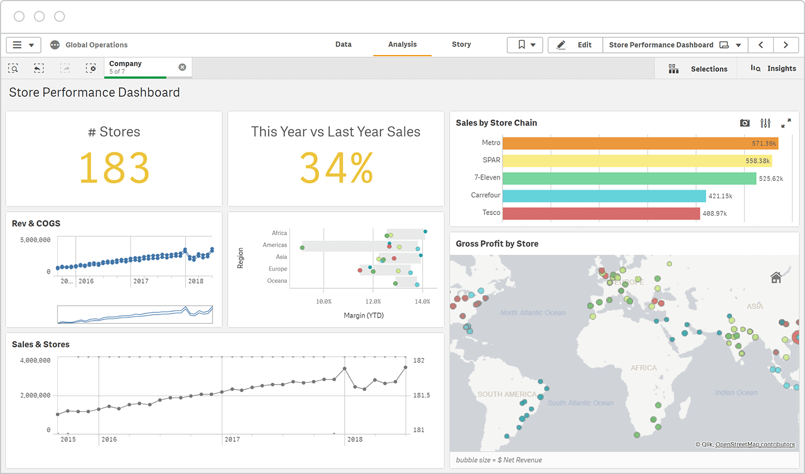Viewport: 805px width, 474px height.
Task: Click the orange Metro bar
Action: pos(639,143)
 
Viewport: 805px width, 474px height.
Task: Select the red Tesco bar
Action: pos(601,213)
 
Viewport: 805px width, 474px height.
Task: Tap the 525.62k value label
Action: pos(771,179)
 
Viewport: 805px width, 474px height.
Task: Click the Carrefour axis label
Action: pos(485,195)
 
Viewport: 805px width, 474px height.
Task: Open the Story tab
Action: pos(461,45)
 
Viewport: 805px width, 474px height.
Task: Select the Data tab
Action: pos(343,45)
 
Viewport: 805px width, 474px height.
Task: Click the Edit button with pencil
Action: pos(575,45)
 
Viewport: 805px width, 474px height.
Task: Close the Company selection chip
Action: pos(182,67)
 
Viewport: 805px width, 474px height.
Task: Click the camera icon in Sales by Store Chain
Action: pos(744,123)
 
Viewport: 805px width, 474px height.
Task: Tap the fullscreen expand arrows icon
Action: pos(786,123)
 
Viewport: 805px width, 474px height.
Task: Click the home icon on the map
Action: pos(776,277)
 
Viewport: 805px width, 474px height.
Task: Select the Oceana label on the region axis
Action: pos(277,281)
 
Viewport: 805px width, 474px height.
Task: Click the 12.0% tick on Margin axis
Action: pos(373,301)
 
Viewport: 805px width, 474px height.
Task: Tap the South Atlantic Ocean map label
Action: pos(580,403)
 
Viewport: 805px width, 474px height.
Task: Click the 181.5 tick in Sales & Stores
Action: pos(421,395)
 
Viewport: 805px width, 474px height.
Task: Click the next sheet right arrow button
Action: pos(785,45)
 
